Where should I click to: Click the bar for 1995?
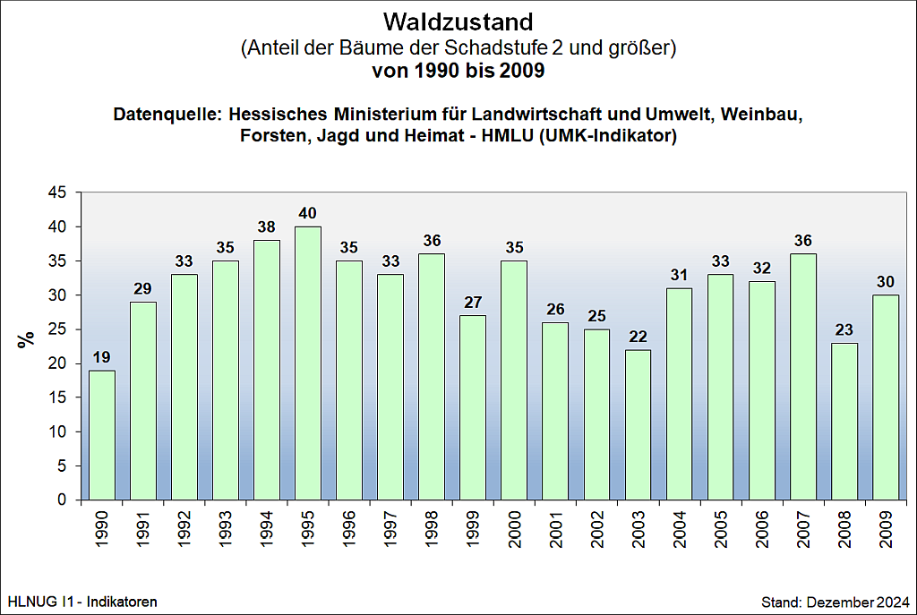tap(308, 363)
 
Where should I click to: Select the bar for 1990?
tap(101, 435)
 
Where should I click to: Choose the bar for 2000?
tap(514, 380)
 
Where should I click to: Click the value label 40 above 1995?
tap(308, 214)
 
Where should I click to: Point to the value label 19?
tap(101, 358)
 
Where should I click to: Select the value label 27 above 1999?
tap(473, 303)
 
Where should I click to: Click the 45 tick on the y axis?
tap(57, 192)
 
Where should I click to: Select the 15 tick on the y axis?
tap(57, 397)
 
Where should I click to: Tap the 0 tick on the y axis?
tap(62, 500)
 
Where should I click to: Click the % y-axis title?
tap(27, 338)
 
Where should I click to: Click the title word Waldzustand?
tap(458, 21)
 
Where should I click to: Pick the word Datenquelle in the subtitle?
tap(167, 115)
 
